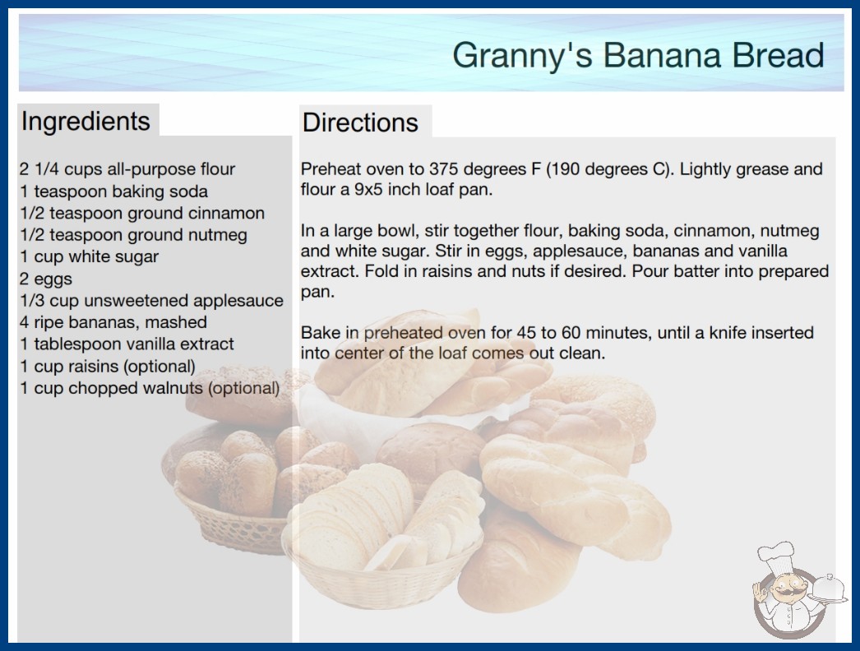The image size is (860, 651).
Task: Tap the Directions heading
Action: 360,122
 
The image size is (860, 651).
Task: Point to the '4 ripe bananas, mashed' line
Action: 113,322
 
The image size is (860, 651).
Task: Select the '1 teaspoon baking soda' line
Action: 114,192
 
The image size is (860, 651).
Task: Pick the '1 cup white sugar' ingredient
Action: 90,256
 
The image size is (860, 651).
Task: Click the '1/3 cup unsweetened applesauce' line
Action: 151,301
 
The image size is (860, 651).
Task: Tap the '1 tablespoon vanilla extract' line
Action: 127,344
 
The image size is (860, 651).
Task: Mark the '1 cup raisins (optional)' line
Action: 108,367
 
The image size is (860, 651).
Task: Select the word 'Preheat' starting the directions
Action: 331,169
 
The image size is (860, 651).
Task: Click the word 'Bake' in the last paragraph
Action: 321,332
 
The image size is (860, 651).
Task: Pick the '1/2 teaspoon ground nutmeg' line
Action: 133,235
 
